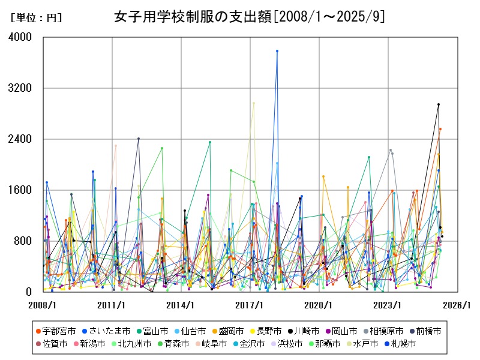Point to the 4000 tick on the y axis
(x=22, y=37)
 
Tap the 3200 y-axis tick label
(x=22, y=88)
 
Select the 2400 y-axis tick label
(x=22, y=139)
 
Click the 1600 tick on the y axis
(x=22, y=190)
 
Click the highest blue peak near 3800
(x=277, y=51)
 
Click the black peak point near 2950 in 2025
(x=439, y=104)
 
